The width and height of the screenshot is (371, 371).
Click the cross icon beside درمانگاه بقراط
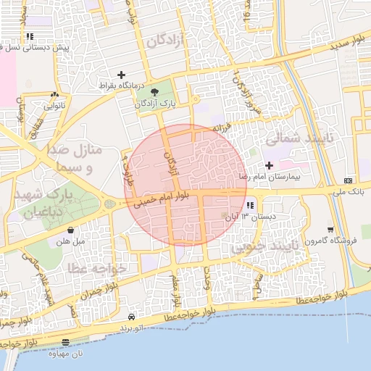121,75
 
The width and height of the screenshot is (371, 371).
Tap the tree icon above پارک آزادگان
155,92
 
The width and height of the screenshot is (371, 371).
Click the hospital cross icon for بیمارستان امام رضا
270,165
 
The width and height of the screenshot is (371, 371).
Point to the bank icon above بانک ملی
349,180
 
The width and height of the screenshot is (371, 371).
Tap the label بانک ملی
348,191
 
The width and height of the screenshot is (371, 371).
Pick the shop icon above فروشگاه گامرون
329,229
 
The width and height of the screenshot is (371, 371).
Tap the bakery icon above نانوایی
55,94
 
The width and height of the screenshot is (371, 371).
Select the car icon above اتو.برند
131,317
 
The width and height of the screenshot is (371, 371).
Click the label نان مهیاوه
67,354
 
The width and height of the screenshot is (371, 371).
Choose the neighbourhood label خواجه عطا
98,269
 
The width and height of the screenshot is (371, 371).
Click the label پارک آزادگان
154,104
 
